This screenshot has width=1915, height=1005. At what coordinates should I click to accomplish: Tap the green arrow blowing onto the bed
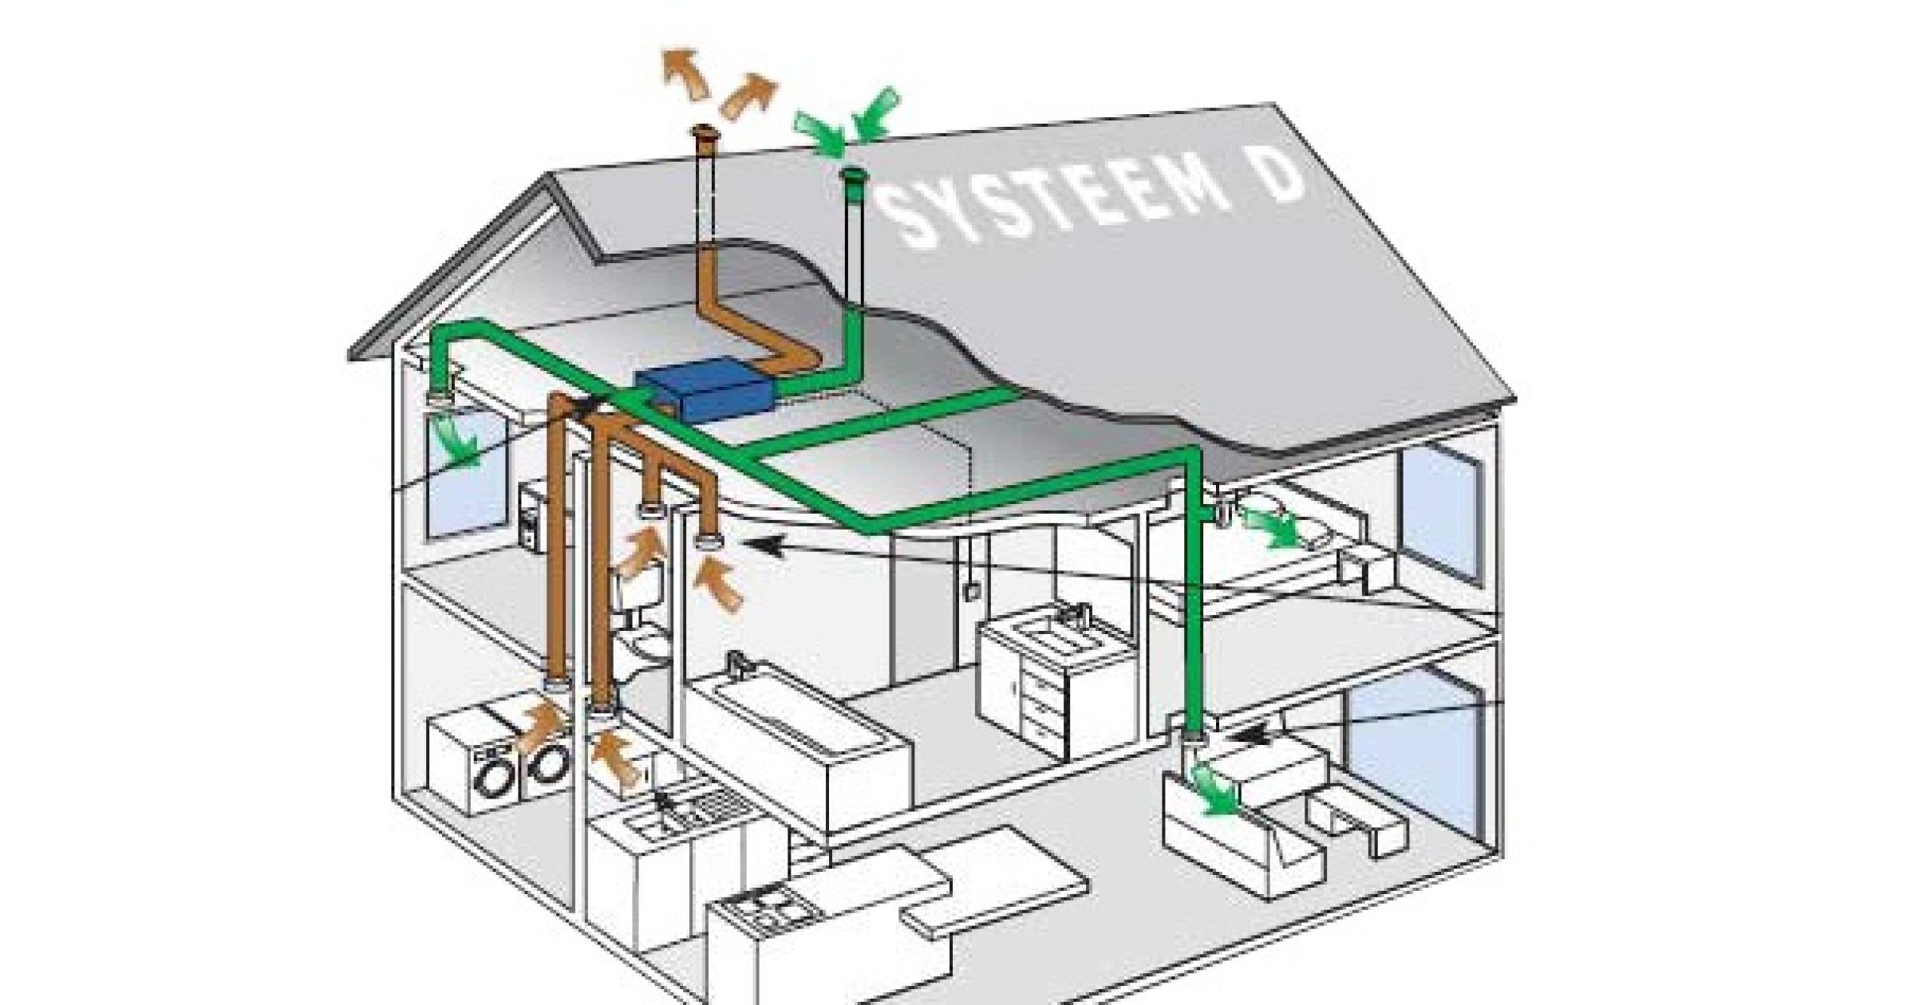[1273, 527]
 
